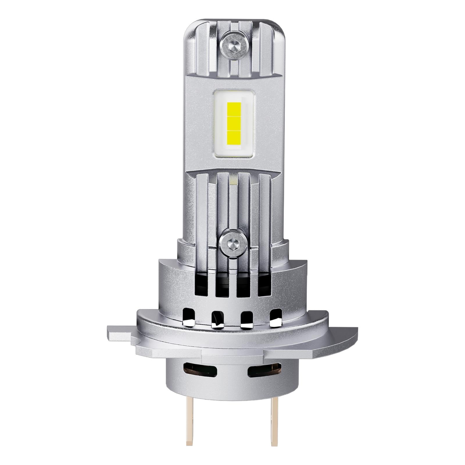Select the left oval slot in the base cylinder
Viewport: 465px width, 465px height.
(x=200, y=370)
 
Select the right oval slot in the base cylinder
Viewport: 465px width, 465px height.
(x=264, y=370)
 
